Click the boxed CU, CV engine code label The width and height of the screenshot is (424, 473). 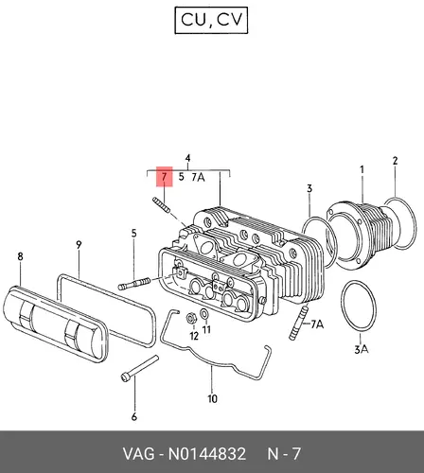[211, 20]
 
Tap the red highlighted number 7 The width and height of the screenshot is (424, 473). [164, 177]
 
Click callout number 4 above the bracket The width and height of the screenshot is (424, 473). [187, 158]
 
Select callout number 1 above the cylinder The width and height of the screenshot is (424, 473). [362, 170]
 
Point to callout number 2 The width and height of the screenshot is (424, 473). [396, 161]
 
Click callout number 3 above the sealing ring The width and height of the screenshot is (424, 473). [309, 188]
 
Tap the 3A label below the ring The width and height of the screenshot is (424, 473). [362, 349]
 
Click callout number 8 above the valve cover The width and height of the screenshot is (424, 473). [20, 256]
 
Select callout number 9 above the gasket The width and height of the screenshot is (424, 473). [79, 245]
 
